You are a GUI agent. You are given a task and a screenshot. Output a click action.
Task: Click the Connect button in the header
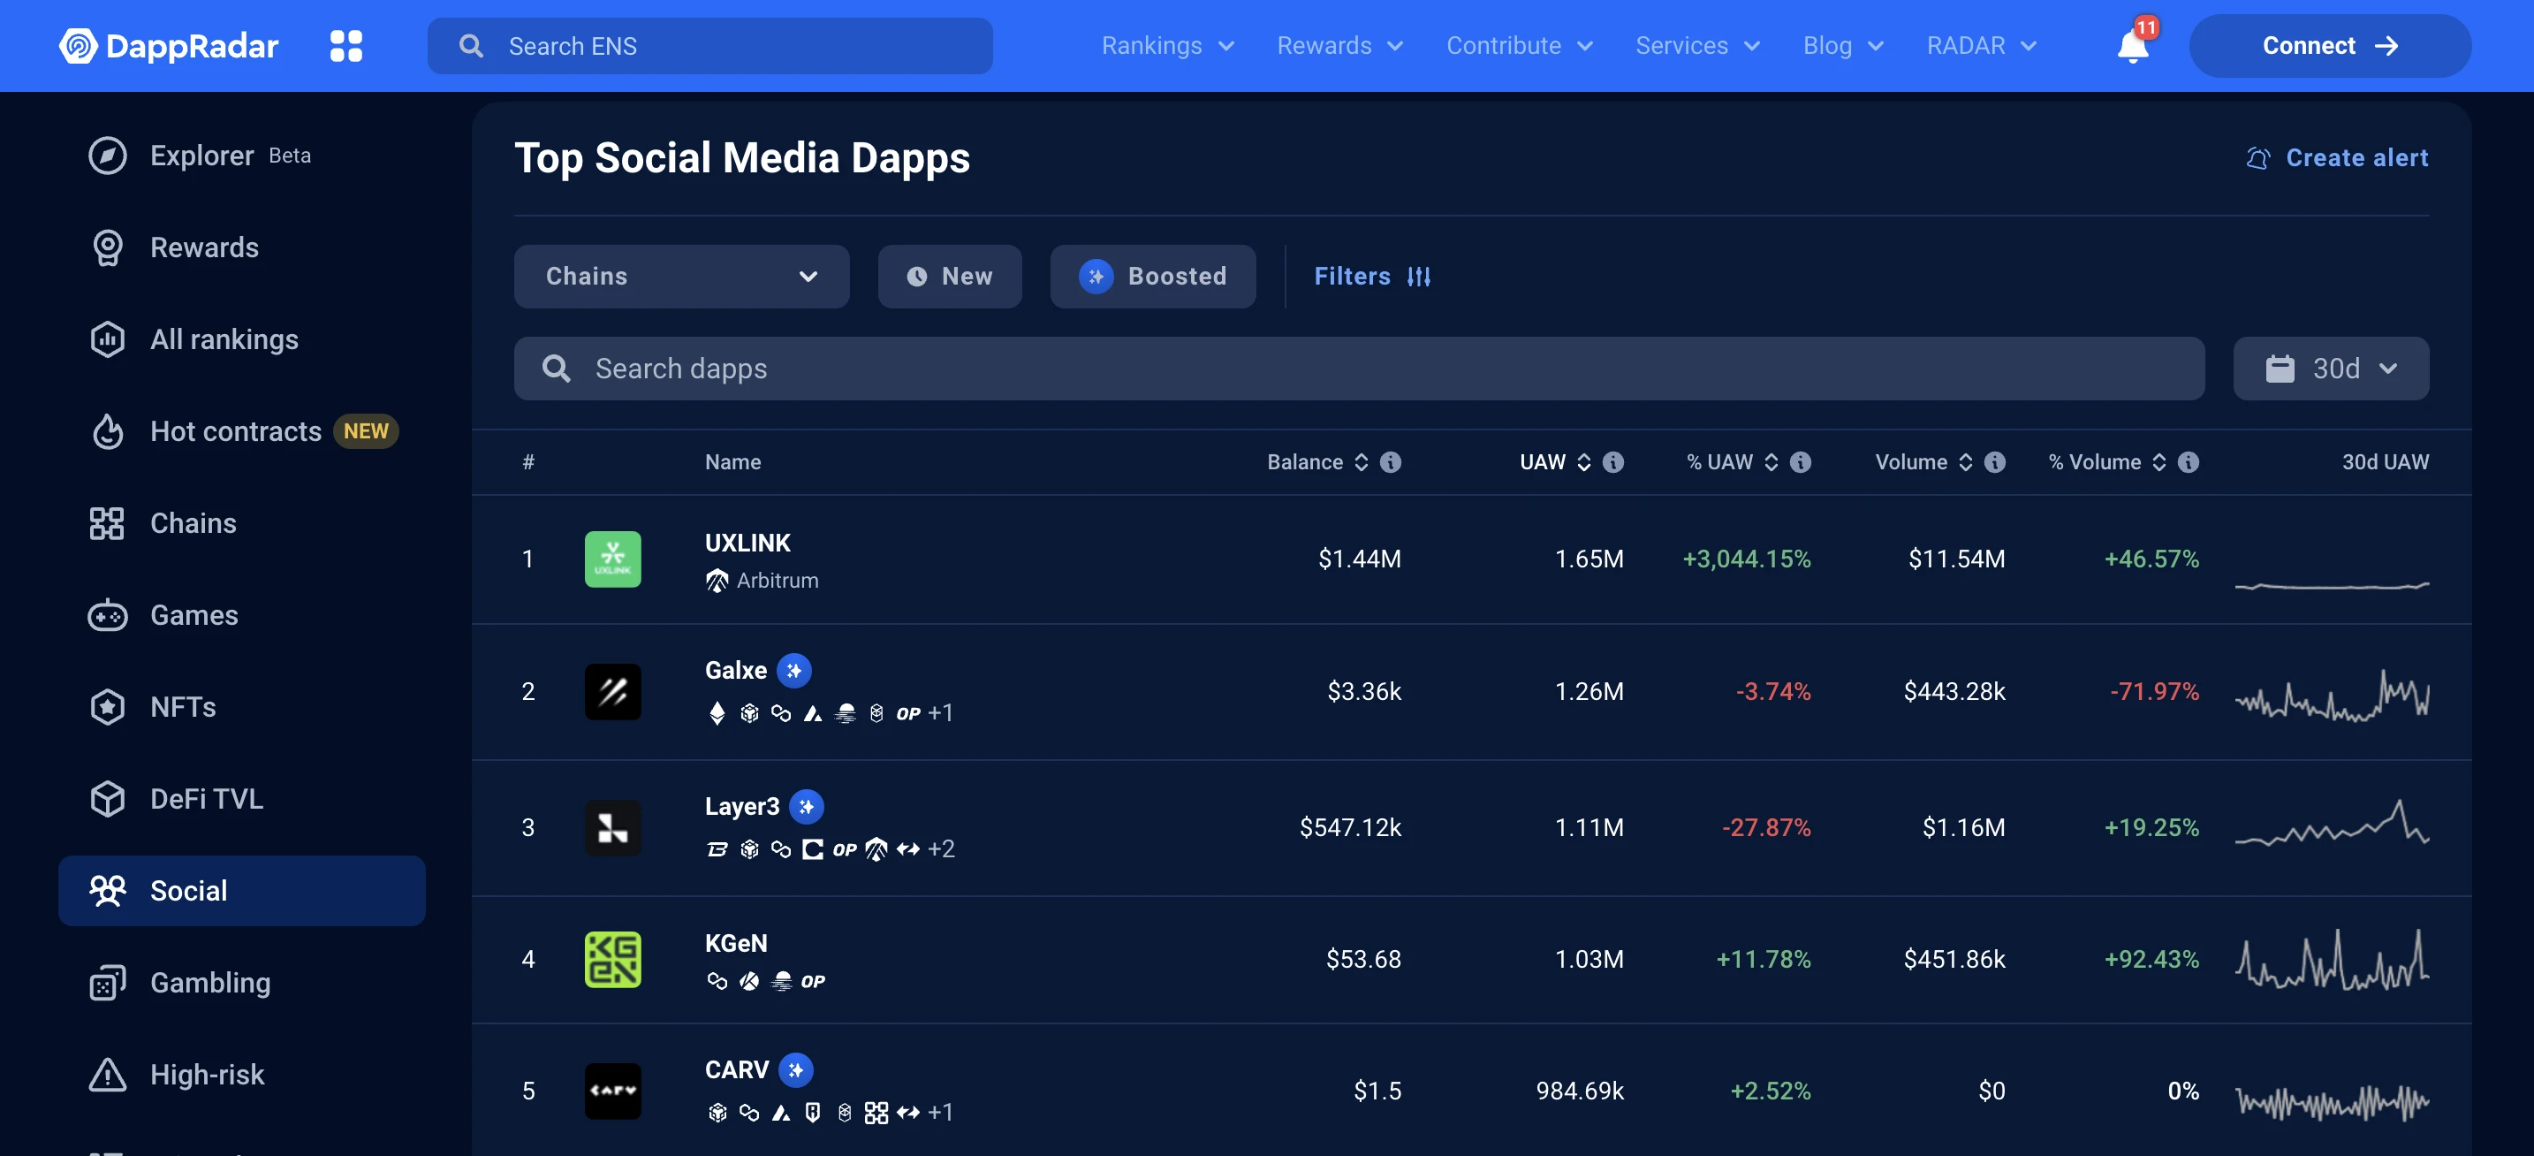tap(2328, 46)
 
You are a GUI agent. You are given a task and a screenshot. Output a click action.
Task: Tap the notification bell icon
tap(2132, 46)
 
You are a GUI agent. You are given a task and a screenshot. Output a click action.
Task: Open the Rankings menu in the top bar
tap(1166, 46)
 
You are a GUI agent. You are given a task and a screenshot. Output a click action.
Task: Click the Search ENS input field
tap(710, 46)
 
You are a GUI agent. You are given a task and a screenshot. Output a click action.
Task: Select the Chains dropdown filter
tap(680, 277)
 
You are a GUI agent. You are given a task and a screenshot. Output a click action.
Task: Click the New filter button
tap(949, 277)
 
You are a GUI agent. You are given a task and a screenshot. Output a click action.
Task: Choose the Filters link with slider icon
tap(1372, 277)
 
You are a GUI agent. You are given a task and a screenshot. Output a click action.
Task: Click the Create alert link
tap(2337, 158)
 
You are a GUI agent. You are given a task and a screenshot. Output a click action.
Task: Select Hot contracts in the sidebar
tap(236, 431)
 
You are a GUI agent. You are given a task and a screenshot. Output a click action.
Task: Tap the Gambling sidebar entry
tap(209, 983)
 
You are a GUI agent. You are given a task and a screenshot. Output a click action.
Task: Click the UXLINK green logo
tap(613, 559)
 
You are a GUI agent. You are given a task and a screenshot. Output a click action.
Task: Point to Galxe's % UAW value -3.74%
tap(1772, 692)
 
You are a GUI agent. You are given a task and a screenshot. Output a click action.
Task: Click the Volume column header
tap(1910, 462)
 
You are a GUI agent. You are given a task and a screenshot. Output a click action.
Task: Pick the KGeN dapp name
tap(736, 942)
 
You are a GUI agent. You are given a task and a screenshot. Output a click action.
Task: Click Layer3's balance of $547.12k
tap(1350, 827)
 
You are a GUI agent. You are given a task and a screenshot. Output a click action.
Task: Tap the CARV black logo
tap(613, 1090)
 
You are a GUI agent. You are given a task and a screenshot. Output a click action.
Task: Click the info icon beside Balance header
tap(1390, 462)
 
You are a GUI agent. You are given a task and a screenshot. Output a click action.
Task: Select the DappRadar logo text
tap(192, 46)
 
